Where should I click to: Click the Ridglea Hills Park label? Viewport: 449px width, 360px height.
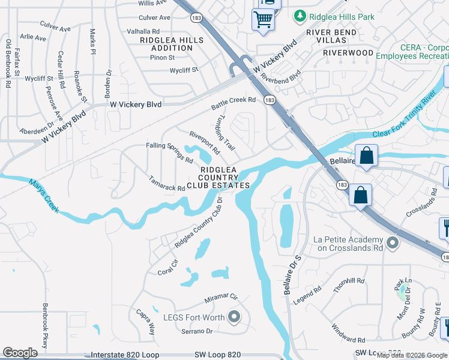coord(342,17)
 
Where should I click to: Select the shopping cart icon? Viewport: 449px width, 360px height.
coord(263,19)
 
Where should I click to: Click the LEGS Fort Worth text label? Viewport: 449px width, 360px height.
coord(193,317)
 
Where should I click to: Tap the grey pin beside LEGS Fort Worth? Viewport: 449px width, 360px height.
coord(234,317)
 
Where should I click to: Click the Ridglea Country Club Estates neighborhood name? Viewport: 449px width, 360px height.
coord(218,178)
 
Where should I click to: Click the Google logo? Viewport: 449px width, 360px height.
coord(20,353)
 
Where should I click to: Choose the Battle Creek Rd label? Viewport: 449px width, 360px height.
coord(234,104)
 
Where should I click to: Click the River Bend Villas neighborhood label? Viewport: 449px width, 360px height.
coord(327,36)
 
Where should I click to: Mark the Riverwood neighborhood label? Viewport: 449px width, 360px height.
coord(348,53)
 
